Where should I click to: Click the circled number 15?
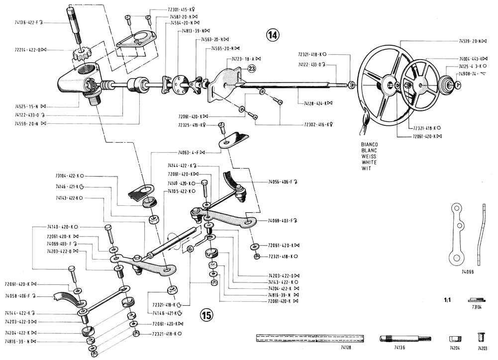pyautogui.click(x=206, y=314)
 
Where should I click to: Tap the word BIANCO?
pyautogui.click(x=370, y=145)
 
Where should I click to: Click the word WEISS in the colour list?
pyautogui.click(x=368, y=157)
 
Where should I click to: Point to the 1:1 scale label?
pyautogui.click(x=448, y=301)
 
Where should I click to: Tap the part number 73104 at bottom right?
pyautogui.click(x=476, y=308)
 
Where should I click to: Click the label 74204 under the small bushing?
pyautogui.click(x=455, y=348)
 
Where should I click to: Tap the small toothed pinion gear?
pyautogui.click(x=80, y=54)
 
